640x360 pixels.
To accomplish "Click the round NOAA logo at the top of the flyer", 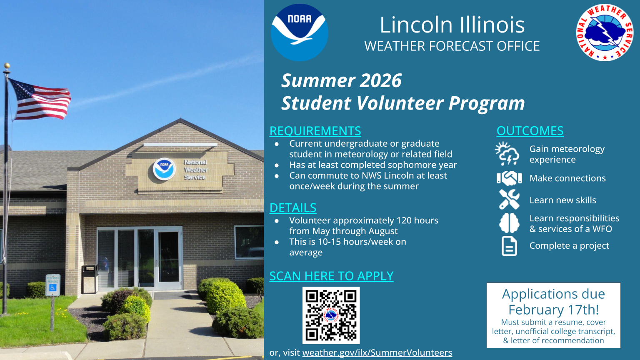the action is pyautogui.click(x=300, y=32).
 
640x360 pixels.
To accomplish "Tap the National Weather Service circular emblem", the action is pyautogui.click(x=605, y=32).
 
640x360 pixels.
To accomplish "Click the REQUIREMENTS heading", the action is pyautogui.click(x=315, y=131).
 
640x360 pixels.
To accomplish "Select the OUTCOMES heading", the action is pyautogui.click(x=530, y=131).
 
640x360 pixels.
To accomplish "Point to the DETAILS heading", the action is pyautogui.click(x=293, y=208).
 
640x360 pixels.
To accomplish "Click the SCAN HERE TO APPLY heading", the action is pyautogui.click(x=331, y=276).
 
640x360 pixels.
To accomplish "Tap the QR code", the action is pyautogui.click(x=331, y=315).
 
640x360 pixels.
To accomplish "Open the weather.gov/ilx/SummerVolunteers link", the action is pyautogui.click(x=377, y=352).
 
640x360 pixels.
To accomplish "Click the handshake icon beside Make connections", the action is pyautogui.click(x=509, y=178).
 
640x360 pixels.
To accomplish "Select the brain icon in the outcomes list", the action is pyautogui.click(x=509, y=223).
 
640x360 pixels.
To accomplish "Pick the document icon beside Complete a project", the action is pyautogui.click(x=509, y=246).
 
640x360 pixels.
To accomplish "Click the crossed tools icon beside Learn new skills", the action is pyautogui.click(x=509, y=200).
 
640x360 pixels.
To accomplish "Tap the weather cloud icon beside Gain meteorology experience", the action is pyautogui.click(x=507, y=154).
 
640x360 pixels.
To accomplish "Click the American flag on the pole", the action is pyautogui.click(x=40, y=99).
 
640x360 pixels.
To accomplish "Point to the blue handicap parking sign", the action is pyautogui.click(x=53, y=285).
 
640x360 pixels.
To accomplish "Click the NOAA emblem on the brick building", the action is pyautogui.click(x=164, y=169).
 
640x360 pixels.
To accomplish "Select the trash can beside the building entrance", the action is pyautogui.click(x=90, y=279).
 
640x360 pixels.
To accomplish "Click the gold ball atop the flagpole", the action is pyautogui.click(x=7, y=66).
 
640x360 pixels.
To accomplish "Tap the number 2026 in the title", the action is pyautogui.click(x=380, y=80).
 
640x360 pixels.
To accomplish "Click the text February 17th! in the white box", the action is pyautogui.click(x=553, y=310).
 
